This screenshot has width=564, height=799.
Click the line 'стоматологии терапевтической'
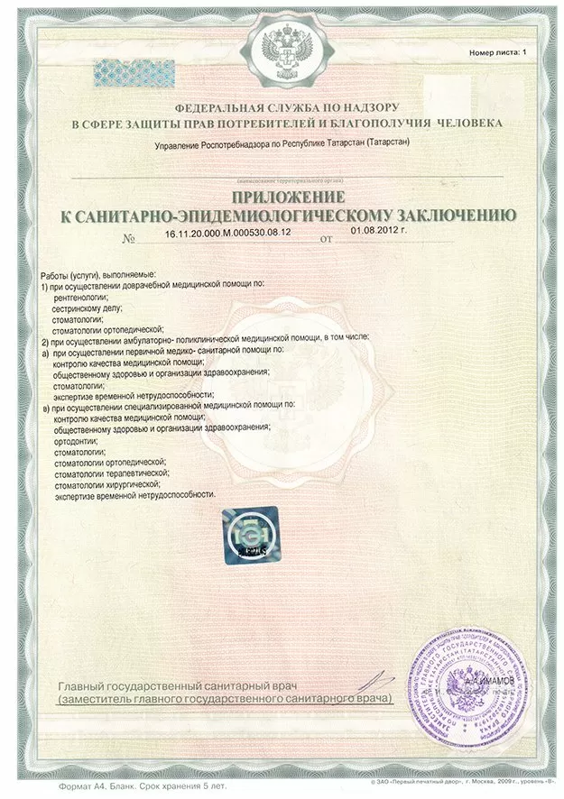pyautogui.click(x=113, y=472)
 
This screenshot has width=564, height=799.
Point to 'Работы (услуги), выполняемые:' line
pyautogui.click(x=99, y=272)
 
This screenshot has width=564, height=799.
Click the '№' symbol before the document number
pyautogui.click(x=129, y=240)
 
